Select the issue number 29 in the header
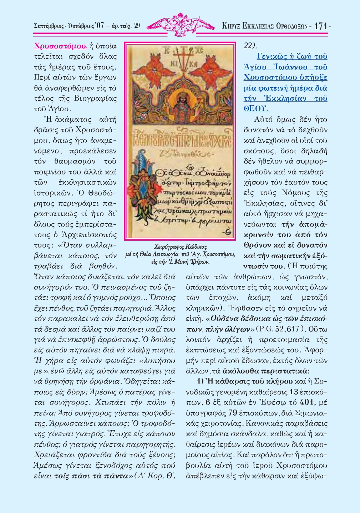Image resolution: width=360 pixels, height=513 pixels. pos(137,26)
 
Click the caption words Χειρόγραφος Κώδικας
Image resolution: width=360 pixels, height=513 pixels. pos(180,247)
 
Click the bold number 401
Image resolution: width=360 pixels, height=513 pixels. pos(307,402)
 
